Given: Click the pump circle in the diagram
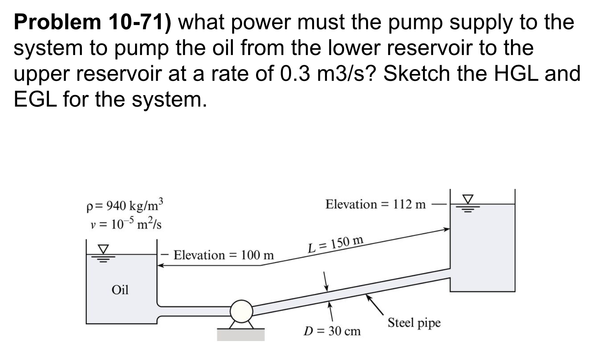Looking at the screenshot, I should tap(242, 311).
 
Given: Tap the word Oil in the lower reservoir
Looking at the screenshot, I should tap(120, 290).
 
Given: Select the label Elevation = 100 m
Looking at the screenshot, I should tap(223, 255).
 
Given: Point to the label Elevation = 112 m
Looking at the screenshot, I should tap(376, 204).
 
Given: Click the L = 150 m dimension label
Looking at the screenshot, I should tap(336, 245).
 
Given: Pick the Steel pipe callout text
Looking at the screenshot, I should tap(414, 323).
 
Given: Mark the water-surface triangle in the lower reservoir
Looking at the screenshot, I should tap(103, 248).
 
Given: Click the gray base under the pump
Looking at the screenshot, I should tap(240, 334).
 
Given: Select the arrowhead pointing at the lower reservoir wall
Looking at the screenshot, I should tap(161, 266).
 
